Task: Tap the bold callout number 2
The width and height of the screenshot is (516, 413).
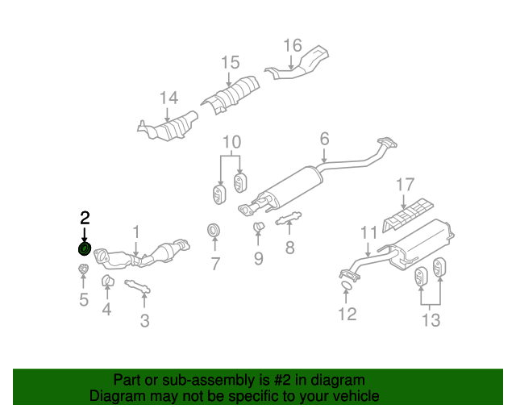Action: point(85,218)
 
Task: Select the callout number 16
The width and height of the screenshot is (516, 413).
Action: point(293,45)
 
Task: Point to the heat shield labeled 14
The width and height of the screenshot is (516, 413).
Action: point(169,127)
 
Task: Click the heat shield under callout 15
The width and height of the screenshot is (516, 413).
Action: point(231,94)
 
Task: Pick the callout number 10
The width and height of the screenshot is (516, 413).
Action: point(232,142)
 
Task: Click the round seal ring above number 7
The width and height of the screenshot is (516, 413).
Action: point(214,230)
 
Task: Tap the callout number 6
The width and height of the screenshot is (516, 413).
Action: point(324,139)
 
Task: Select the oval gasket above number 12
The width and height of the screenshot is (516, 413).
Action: point(346,286)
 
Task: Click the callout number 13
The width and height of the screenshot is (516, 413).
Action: point(431,319)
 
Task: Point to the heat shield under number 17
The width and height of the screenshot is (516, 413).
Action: point(408,215)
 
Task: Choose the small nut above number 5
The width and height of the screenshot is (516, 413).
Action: point(84,269)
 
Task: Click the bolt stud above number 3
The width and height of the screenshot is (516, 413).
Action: point(138,286)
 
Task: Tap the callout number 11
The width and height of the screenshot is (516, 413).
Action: point(368,232)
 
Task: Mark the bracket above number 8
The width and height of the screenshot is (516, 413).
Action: point(289,218)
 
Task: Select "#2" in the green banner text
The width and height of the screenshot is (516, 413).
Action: point(282,381)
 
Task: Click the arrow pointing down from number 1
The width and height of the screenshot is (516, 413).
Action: point(136,248)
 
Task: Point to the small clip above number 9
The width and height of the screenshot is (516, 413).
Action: point(259,227)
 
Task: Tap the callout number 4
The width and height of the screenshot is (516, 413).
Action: point(106,309)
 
